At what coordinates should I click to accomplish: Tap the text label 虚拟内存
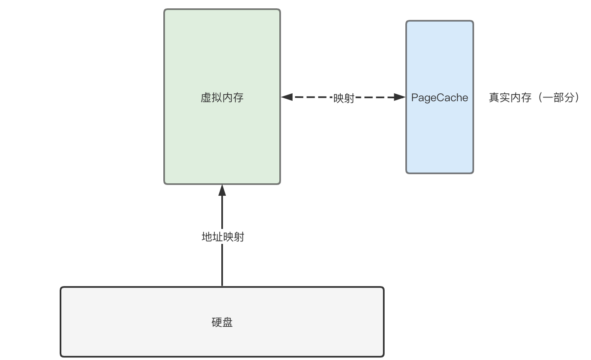pos(222,97)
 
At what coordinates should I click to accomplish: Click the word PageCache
pos(439,97)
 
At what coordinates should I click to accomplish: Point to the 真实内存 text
pos(510,97)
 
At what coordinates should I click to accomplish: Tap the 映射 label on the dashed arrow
pos(344,98)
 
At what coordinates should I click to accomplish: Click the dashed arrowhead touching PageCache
pos(400,97)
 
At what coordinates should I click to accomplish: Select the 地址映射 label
pos(223,237)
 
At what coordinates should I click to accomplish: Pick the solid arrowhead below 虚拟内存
pos(222,190)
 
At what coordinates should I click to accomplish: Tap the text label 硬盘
pos(222,322)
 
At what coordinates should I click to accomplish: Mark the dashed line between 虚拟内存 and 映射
pos(313,97)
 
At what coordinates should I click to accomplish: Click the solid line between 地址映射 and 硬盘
pos(222,265)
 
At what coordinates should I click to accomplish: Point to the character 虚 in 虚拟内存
pos(206,97)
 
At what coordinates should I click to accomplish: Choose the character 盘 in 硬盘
pos(228,322)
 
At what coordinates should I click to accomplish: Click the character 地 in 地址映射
pos(207,237)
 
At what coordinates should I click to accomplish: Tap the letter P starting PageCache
pos(414,97)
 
